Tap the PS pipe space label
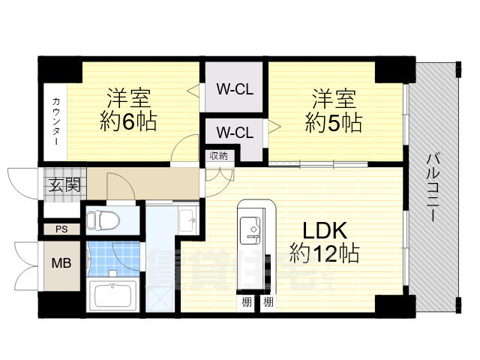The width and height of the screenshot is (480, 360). click(x=59, y=229)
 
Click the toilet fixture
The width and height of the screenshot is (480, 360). click(x=101, y=220)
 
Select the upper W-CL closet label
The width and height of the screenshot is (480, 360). click(x=235, y=90)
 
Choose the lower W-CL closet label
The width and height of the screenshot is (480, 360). click(x=235, y=133)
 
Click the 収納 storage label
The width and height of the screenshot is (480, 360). click(x=219, y=156)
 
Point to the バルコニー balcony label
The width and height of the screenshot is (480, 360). click(x=433, y=187)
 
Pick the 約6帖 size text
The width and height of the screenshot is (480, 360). click(x=129, y=121)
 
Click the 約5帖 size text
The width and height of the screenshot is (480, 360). click(x=334, y=121)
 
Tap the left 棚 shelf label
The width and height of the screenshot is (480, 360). click(x=246, y=303)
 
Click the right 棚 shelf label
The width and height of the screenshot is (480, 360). click(x=268, y=303)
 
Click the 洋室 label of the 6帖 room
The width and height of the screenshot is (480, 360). click(x=129, y=97)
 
